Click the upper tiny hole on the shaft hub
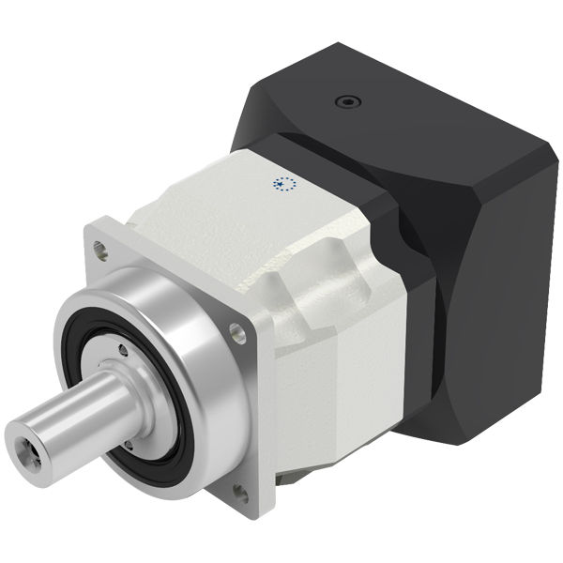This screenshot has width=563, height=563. point(123,352)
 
